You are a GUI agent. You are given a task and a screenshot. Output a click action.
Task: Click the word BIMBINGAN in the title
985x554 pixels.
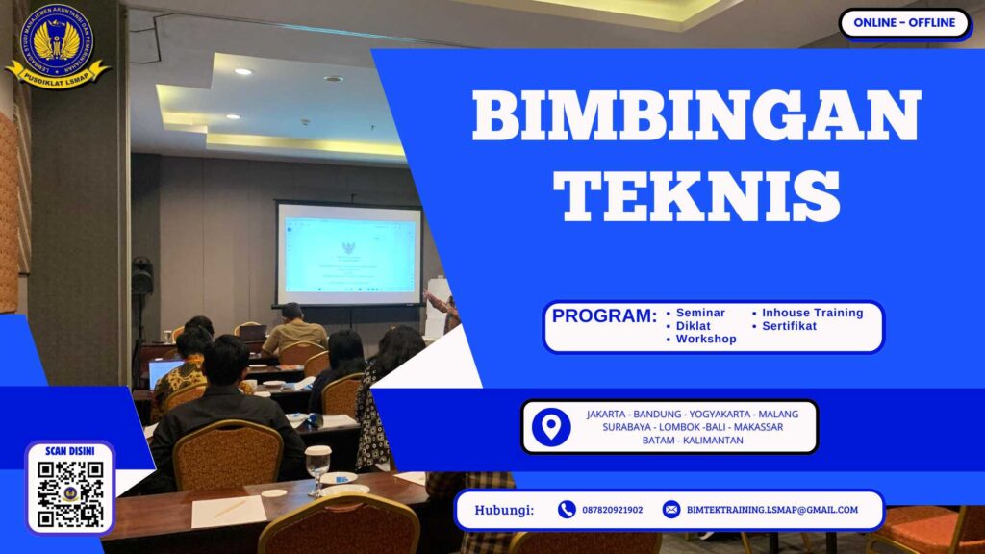[x=696, y=117]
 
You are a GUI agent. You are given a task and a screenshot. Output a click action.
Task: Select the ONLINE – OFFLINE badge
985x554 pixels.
[x=904, y=23]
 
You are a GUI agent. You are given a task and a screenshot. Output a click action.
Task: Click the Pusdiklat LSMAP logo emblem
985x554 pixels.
[x=58, y=44]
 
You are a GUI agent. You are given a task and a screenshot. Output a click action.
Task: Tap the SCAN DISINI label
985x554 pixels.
[x=70, y=450]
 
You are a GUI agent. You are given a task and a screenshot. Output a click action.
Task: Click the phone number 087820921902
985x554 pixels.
[x=613, y=510]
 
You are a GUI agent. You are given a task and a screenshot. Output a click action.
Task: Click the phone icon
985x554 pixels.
[x=567, y=510]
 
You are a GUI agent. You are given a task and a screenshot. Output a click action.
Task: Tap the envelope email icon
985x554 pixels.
[x=671, y=510]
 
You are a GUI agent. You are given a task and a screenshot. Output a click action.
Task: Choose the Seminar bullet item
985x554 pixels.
[x=700, y=313]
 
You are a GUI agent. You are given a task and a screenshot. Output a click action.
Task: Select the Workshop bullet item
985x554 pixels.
[x=706, y=339]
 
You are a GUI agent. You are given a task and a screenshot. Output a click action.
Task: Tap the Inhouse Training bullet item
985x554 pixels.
[x=812, y=313]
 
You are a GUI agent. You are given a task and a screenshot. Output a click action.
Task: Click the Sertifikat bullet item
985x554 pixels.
[x=789, y=326]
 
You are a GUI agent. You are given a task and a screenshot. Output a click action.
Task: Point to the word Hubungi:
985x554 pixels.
[x=504, y=510]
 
